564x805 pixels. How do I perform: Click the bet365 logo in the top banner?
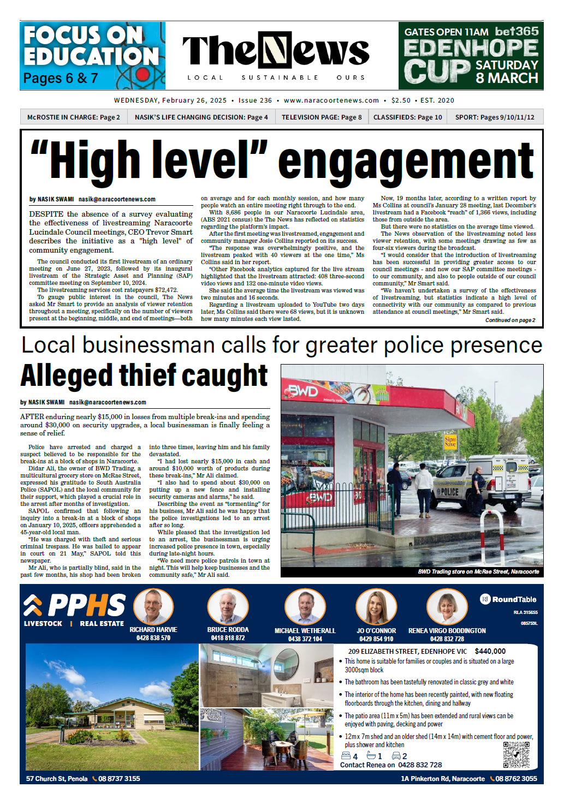pyautogui.click(x=516, y=32)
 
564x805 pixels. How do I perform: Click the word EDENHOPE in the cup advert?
pyautogui.click(x=471, y=48)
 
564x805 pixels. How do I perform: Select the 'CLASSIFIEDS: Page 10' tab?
pyautogui.click(x=407, y=117)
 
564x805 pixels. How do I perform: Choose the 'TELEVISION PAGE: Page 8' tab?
pyautogui.click(x=322, y=117)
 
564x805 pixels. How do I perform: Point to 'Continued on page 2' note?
pyautogui.click(x=510, y=320)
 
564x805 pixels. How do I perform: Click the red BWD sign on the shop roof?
pyautogui.click(x=304, y=391)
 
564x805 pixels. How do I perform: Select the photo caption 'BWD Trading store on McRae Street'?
pyautogui.click(x=478, y=571)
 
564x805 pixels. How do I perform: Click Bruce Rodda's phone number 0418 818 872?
pyautogui.click(x=228, y=637)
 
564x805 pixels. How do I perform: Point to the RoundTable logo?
pyautogui.click(x=508, y=599)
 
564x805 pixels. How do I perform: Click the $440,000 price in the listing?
pyautogui.click(x=490, y=651)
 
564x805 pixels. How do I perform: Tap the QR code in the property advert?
pyautogui.click(x=516, y=755)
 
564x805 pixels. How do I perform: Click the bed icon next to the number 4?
pyautogui.click(x=346, y=756)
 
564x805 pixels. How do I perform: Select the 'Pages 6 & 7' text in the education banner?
pyautogui.click(x=61, y=78)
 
